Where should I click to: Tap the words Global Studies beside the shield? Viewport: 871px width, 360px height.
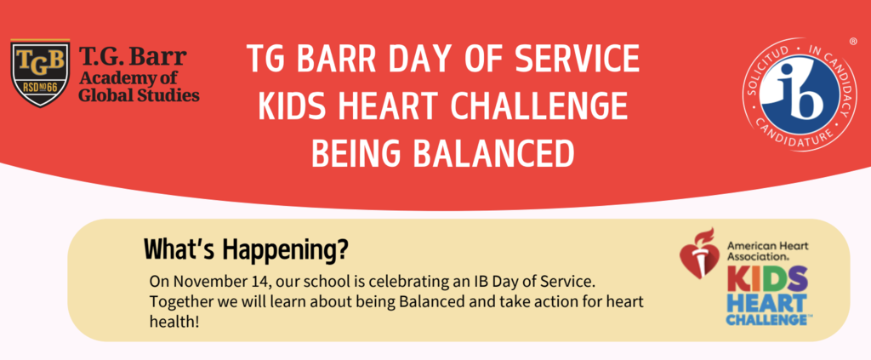pos(139,94)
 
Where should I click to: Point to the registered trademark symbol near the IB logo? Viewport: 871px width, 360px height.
pos(853,41)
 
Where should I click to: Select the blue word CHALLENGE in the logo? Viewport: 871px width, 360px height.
pos(766,318)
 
